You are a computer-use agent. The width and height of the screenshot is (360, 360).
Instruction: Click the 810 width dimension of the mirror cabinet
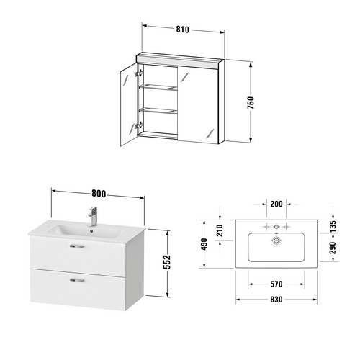pos(183,30)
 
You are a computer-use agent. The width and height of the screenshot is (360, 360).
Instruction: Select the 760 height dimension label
pos(251,103)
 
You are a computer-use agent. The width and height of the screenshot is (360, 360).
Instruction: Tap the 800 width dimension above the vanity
pos(99,194)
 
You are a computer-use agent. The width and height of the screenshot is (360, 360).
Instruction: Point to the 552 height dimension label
pos(167,262)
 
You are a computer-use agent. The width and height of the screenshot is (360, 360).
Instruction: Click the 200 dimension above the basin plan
pos(276,204)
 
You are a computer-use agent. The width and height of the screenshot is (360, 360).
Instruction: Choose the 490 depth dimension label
pos(204,244)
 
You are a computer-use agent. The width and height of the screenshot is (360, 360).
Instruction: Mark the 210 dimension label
pos(220,230)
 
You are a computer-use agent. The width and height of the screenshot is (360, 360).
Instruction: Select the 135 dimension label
pos(333,226)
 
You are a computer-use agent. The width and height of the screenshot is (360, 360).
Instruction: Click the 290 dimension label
pos(333,248)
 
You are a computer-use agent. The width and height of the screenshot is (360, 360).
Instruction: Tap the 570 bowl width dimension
pos(276,284)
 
